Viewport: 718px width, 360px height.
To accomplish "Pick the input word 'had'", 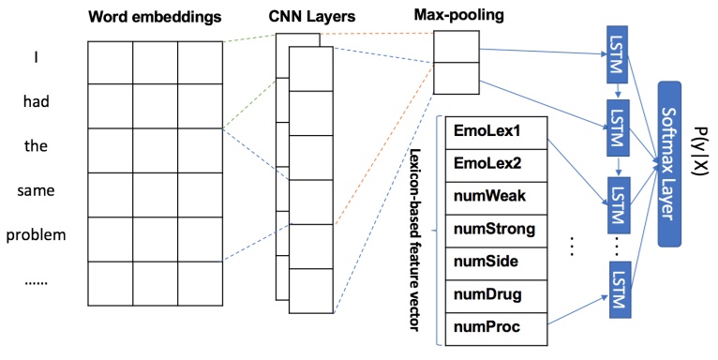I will pos(37,102).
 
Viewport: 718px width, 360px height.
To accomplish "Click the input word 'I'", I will pos(37,58).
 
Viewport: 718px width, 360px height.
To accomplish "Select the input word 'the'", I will pos(37,146).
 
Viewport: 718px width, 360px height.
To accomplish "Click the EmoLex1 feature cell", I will pos(493,130).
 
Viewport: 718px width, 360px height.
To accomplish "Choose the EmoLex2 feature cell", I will pos(493,163).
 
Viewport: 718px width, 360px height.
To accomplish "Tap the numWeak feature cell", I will pos(493,196).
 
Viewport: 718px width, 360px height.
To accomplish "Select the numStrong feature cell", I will pos(493,229).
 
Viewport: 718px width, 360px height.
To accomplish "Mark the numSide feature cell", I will pos(493,262).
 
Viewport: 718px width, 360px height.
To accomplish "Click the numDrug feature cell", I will pos(493,294).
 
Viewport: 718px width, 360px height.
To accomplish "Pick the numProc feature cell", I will pos(493,327).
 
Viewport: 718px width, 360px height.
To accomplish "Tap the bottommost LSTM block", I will pos(617,293).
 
